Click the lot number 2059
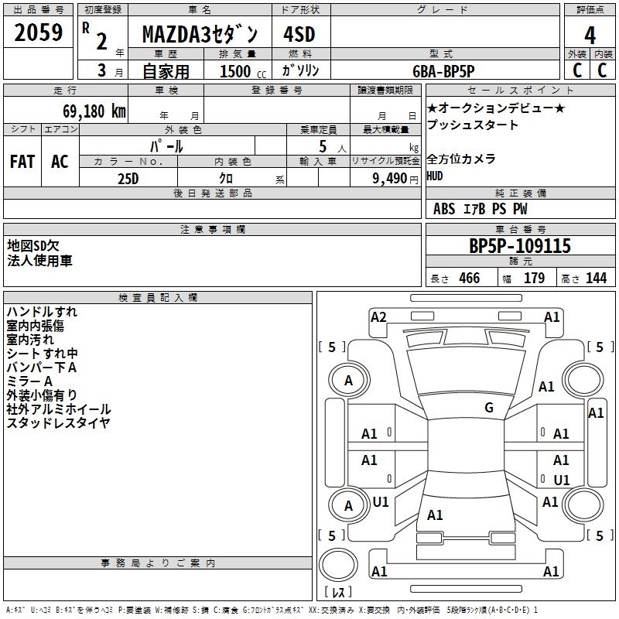(x=39, y=34)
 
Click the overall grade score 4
(x=590, y=36)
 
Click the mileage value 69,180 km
(x=90, y=111)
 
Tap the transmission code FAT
(x=22, y=162)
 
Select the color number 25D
(x=128, y=178)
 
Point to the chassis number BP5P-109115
(x=520, y=246)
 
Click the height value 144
(x=596, y=279)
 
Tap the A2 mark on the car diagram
(x=378, y=316)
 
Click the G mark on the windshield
(x=489, y=408)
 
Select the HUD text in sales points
(x=436, y=176)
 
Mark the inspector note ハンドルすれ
(x=42, y=312)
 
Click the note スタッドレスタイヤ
(x=58, y=423)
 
